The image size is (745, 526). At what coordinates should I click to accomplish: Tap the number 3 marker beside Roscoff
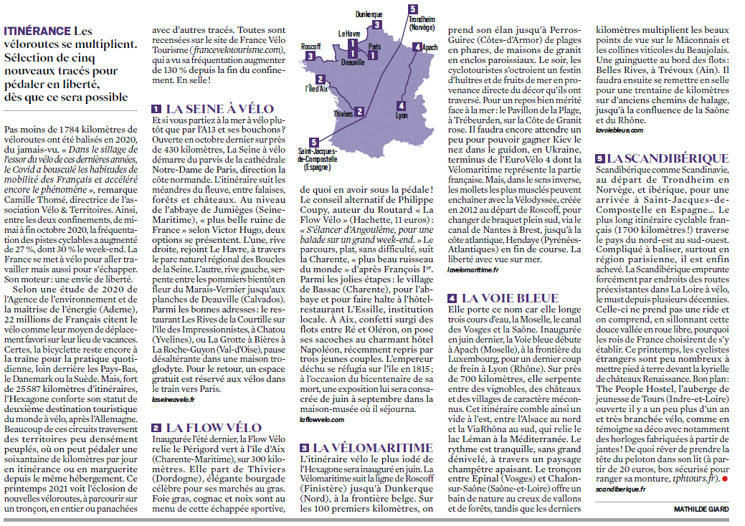[310, 56]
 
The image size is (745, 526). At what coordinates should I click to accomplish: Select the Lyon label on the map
[402, 115]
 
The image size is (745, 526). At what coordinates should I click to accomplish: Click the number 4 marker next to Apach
[417, 48]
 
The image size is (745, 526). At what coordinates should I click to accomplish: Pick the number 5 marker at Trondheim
[413, 9]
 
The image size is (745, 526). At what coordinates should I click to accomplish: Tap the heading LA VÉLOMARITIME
[371, 448]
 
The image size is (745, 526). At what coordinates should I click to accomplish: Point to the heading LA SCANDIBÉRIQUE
[657, 158]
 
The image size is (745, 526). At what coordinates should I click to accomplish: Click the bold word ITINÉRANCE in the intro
[37, 32]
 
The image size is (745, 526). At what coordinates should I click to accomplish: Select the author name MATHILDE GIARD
[701, 509]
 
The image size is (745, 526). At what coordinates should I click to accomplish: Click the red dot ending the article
[724, 477]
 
